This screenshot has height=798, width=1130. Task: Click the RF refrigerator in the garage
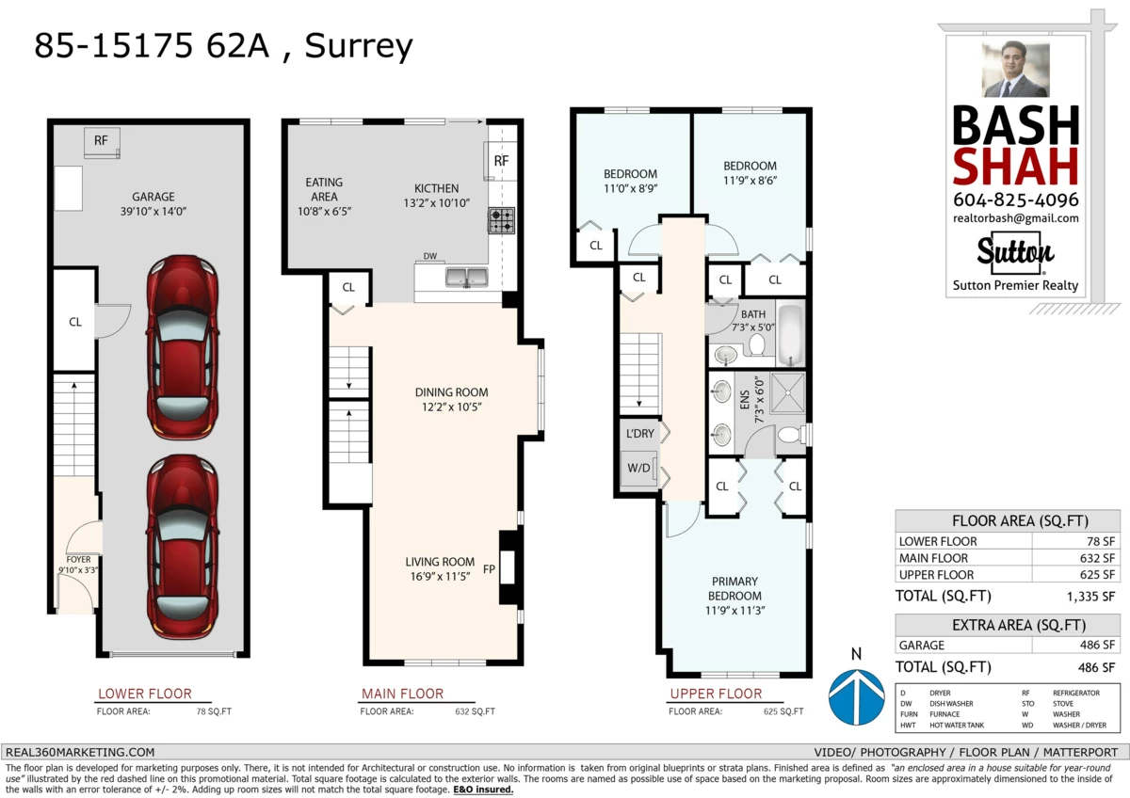101,141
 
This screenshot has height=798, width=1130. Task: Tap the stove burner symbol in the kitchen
501,221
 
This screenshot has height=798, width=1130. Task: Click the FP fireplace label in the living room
489,568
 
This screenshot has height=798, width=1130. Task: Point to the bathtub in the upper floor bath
790,335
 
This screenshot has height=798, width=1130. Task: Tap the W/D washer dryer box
638,468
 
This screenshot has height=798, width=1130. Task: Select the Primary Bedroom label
734,588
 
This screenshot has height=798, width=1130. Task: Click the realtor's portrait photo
1015,70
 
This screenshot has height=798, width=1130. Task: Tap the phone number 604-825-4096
1015,199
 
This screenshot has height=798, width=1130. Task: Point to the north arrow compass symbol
855,695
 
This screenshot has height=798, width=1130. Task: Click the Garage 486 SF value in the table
1096,646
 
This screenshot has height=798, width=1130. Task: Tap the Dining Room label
451,399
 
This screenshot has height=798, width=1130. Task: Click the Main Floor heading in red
402,694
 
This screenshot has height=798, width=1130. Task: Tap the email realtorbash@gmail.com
1015,218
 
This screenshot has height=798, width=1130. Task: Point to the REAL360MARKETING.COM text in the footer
80,752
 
